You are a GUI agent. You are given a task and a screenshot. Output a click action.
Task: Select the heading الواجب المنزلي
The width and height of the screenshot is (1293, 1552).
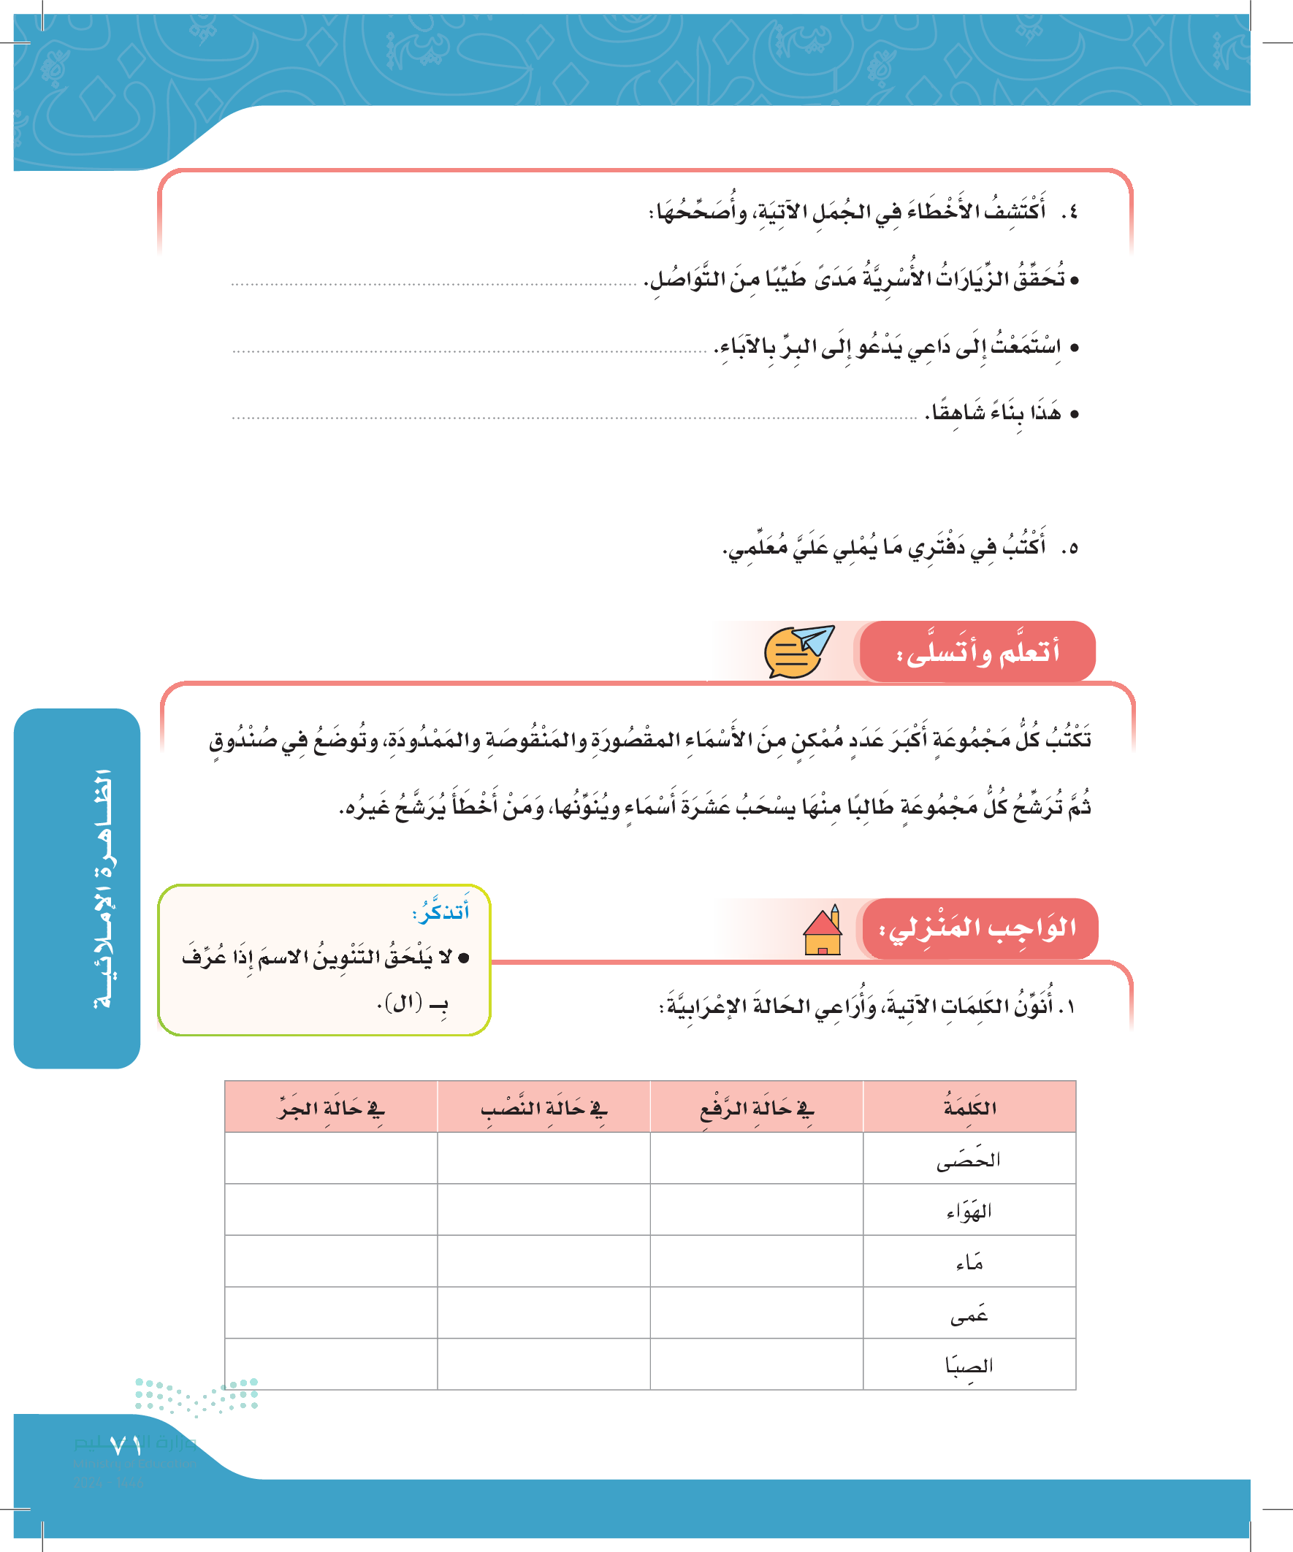[977, 928]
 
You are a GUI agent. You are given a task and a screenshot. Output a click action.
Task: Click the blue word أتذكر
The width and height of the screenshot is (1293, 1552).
[441, 911]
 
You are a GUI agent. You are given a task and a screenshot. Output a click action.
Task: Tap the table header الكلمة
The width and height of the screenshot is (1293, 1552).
[969, 1107]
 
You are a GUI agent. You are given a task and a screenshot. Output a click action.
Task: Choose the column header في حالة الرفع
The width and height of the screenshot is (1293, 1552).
[756, 1107]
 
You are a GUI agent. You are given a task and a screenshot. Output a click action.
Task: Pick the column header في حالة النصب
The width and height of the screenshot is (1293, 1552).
[543, 1107]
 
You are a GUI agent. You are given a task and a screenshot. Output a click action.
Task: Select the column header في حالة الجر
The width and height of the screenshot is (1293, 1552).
[331, 1107]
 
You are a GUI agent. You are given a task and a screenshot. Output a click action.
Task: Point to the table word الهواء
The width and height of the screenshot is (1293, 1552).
[969, 1211]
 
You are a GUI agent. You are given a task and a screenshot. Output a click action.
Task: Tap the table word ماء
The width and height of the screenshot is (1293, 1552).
[969, 1262]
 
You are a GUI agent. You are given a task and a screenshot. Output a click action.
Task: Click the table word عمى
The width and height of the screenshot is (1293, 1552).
[969, 1314]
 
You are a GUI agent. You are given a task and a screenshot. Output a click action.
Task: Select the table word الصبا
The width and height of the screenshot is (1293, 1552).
[969, 1365]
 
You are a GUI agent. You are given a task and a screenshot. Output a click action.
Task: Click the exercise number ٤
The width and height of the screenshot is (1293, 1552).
[1069, 213]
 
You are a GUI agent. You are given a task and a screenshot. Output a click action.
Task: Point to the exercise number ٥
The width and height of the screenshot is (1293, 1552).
[1069, 548]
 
